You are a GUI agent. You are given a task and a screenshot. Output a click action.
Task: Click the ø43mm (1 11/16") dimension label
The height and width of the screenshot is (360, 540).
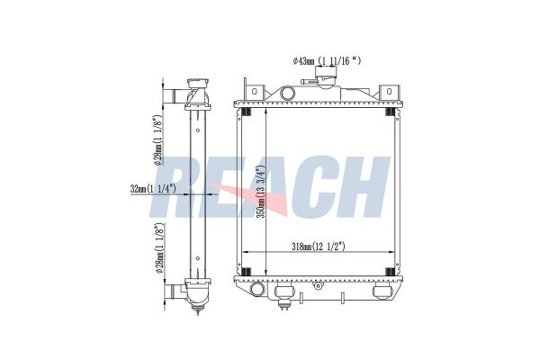click(327, 61)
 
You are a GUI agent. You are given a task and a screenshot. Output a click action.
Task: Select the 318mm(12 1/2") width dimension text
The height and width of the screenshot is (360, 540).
click(319, 247)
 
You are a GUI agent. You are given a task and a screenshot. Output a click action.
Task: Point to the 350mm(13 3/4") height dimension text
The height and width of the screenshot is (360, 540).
click(262, 192)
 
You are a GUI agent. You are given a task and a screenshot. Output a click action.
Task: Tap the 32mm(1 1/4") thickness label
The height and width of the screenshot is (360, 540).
click(154, 189)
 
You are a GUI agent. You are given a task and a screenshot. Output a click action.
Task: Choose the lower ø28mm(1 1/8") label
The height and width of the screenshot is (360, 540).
click(159, 248)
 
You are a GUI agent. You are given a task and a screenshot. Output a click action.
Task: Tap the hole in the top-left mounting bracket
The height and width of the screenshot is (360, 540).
click(254, 92)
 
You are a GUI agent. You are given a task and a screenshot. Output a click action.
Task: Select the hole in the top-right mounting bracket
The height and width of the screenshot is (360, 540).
click(389, 91)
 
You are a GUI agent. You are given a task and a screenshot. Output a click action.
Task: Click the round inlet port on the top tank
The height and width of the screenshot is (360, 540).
click(288, 93)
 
